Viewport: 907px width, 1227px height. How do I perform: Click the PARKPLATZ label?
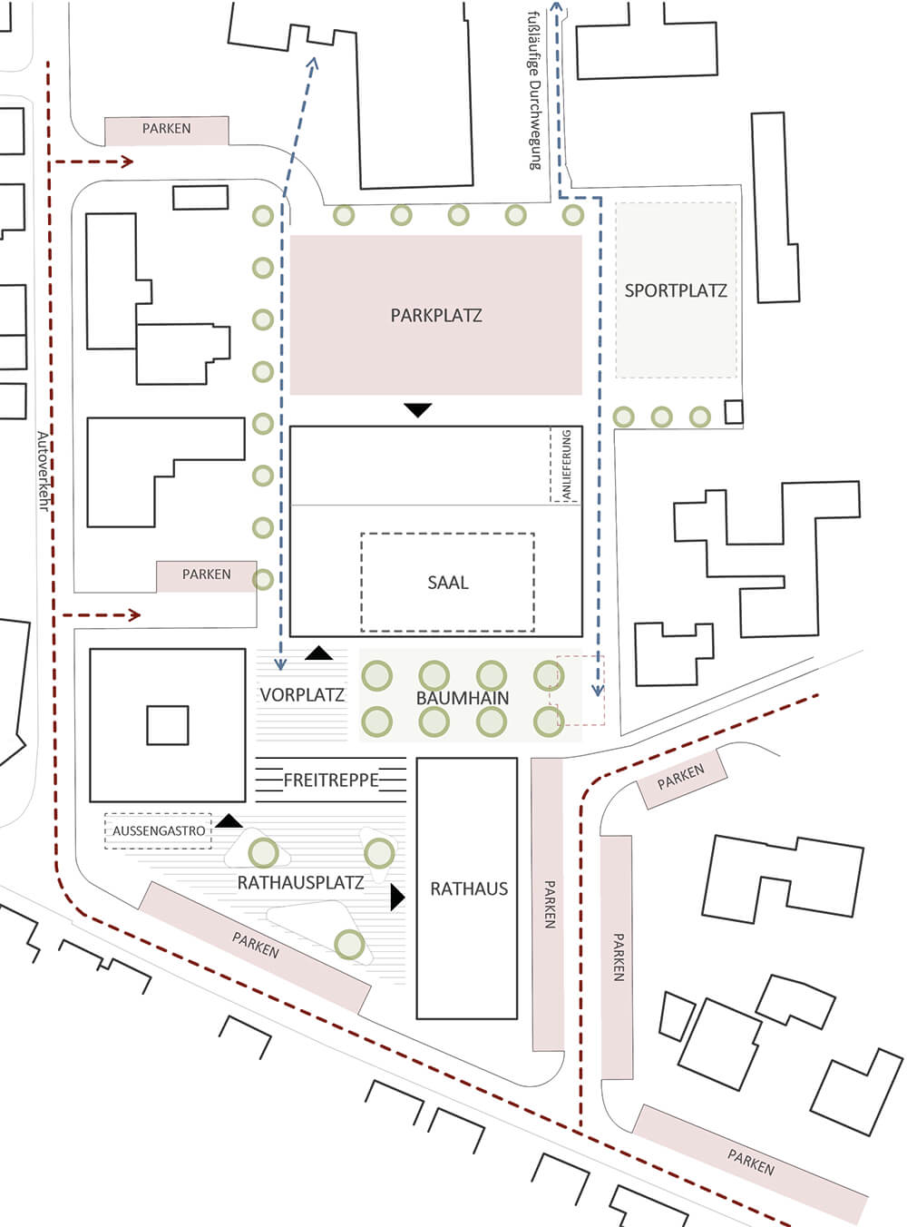pyautogui.click(x=435, y=315)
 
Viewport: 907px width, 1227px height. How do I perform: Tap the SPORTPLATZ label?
pyautogui.click(x=676, y=290)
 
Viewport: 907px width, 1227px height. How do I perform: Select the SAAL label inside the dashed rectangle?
pyautogui.click(x=447, y=583)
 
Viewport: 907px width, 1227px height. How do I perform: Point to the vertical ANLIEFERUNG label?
pyautogui.click(x=566, y=466)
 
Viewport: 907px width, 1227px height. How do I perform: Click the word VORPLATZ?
pyautogui.click(x=302, y=695)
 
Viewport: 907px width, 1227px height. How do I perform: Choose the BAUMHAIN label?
pyautogui.click(x=463, y=698)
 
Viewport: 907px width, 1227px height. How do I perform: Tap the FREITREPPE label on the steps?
pyautogui.click(x=331, y=780)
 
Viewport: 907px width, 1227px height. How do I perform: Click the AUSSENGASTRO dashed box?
pyautogui.click(x=158, y=830)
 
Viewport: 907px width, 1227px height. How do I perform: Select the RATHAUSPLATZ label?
pyautogui.click(x=300, y=882)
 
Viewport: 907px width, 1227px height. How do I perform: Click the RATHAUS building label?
pyautogui.click(x=469, y=888)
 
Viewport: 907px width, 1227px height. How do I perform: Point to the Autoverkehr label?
pyautogui.click(x=44, y=471)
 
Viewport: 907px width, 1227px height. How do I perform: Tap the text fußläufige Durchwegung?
pyautogui.click(x=535, y=91)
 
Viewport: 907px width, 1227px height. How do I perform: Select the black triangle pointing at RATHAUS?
pyautogui.click(x=397, y=898)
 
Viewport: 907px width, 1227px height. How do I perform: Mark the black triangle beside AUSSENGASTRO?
pyautogui.click(x=229, y=821)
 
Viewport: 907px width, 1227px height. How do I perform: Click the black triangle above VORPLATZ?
pyautogui.click(x=318, y=653)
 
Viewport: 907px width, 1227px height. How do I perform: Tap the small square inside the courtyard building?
pyautogui.click(x=168, y=725)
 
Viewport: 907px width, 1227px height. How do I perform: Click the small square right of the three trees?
pyautogui.click(x=734, y=412)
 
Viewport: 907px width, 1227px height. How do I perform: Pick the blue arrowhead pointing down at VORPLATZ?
pyautogui.click(x=280, y=663)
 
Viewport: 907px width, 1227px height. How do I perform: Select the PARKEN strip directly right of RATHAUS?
pyautogui.click(x=548, y=905)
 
